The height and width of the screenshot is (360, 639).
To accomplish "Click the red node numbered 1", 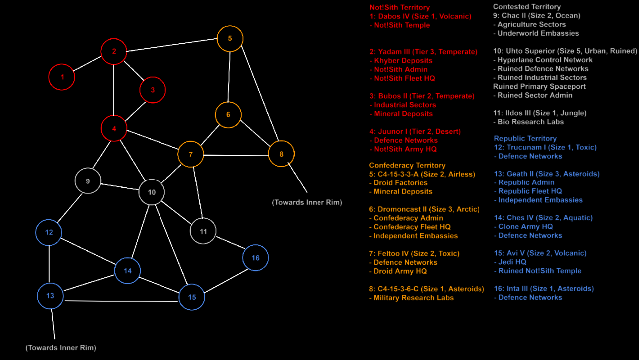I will coord(62,77).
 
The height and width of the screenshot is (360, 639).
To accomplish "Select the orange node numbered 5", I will coord(230,38).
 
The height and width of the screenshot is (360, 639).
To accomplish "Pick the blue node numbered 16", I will coord(255,258).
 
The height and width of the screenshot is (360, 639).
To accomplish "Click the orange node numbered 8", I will coord(281,154).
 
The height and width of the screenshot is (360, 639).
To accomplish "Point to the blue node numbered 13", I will coord(50,296).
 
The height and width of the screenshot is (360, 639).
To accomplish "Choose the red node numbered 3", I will coord(153,90).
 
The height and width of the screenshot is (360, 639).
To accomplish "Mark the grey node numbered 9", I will coord(88,181).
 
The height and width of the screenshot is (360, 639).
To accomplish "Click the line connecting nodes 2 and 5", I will coord(172,45).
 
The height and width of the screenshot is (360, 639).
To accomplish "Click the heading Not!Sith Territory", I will coord(399,7).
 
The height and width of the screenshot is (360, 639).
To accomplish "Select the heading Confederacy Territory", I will coord(407,165).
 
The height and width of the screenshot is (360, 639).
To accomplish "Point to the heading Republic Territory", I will coord(525,138).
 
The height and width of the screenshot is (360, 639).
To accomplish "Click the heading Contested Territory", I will coord(526,7).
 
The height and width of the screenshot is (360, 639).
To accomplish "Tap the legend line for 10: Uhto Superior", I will coord(565,51).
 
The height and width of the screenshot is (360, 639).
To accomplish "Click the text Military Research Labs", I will coord(413,298).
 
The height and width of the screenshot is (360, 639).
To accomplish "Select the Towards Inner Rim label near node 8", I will coord(307,202).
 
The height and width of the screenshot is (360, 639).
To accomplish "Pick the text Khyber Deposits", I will coord(403,60).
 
